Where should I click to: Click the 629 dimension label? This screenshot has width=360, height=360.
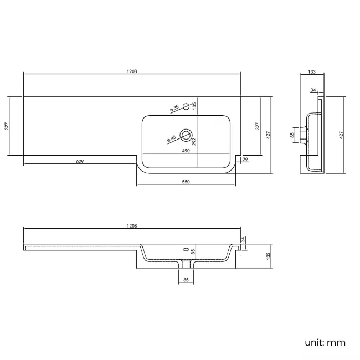click(80, 161)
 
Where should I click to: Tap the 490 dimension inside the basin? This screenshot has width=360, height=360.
click(186, 150)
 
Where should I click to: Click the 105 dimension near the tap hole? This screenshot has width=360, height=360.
click(194, 106)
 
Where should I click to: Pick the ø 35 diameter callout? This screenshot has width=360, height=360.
click(174, 108)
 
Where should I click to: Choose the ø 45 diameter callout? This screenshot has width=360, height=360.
click(172, 138)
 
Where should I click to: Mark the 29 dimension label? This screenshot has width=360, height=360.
click(245, 160)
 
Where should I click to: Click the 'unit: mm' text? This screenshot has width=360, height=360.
click(325, 342)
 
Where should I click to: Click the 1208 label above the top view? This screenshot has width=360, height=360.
click(132, 71)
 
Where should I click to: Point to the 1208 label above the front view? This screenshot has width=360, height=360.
click(132, 226)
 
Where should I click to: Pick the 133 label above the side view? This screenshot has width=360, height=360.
click(311, 71)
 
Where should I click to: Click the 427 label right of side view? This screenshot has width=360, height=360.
click(341, 135)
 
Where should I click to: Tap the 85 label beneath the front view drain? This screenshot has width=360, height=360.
click(186, 280)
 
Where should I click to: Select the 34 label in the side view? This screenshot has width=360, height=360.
click(313, 90)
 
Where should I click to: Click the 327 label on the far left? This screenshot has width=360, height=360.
click(7, 126)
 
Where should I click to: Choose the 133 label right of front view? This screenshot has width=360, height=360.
click(268, 255)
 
